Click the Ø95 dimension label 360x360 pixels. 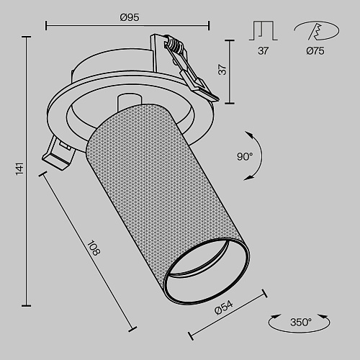130,17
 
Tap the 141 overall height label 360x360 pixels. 20,168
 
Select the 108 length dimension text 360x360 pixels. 94,248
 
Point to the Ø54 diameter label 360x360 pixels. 224,307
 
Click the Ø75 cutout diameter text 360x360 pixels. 315,51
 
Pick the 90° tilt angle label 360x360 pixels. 245,157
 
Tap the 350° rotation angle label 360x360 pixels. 301,322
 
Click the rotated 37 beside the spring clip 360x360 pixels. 222,70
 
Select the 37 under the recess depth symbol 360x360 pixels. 264,51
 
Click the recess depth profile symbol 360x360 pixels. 264,30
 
